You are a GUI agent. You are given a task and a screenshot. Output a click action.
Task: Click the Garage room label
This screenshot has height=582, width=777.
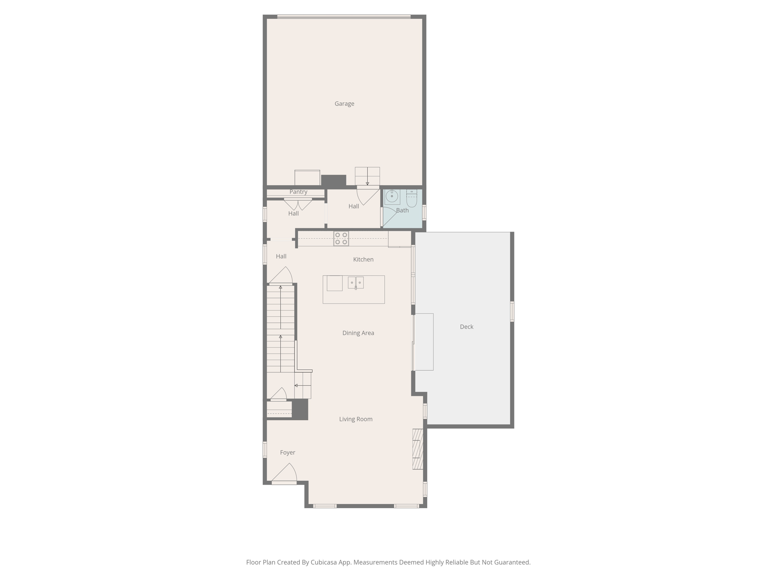[x=344, y=103]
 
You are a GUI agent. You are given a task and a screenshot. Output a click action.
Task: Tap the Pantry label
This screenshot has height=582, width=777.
[x=298, y=192]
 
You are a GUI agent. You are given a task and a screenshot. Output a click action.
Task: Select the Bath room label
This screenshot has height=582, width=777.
[x=402, y=210]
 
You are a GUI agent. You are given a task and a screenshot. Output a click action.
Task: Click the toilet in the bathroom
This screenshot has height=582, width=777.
[x=412, y=197]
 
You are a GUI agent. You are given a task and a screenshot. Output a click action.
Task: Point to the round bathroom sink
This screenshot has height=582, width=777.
[x=392, y=196]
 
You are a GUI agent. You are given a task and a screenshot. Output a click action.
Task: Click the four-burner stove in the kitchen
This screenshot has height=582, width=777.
[x=341, y=238]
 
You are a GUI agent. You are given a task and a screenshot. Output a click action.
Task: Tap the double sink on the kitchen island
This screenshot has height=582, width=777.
[x=355, y=283]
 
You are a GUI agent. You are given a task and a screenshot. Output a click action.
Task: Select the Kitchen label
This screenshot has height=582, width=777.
[x=363, y=260]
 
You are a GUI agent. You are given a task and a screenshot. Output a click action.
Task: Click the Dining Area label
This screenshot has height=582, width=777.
[x=358, y=333]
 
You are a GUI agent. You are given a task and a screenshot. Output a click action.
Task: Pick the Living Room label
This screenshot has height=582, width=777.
[x=355, y=419]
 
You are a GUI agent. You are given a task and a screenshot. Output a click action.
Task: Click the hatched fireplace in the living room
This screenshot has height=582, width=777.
[x=418, y=449]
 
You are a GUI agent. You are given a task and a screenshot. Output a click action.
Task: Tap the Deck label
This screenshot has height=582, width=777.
[x=466, y=327]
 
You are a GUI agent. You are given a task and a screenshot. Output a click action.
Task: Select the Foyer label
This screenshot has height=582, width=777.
[x=287, y=452]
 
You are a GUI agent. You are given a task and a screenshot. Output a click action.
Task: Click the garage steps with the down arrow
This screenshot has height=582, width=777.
[x=367, y=176]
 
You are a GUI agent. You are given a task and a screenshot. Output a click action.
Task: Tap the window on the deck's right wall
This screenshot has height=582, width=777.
[x=512, y=311]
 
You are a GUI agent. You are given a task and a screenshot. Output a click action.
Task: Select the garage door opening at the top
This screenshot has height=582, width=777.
[x=344, y=17]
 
